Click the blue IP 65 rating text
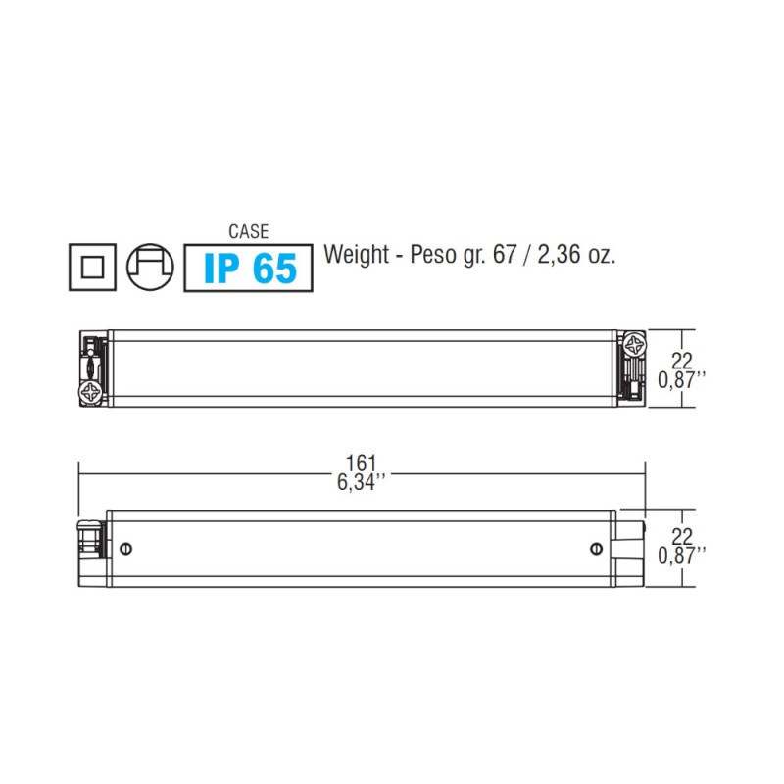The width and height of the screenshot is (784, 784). (x=249, y=267)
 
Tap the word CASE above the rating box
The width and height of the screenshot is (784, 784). (x=248, y=232)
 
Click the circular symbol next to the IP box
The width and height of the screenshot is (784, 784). (x=151, y=267)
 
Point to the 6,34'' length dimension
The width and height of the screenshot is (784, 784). (x=363, y=481)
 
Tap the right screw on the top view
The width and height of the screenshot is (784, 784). (x=630, y=346)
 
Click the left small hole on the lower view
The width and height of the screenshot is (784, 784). (x=124, y=549)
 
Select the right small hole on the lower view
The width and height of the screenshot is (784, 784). (x=598, y=549)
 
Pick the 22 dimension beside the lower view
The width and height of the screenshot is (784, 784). (x=682, y=537)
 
